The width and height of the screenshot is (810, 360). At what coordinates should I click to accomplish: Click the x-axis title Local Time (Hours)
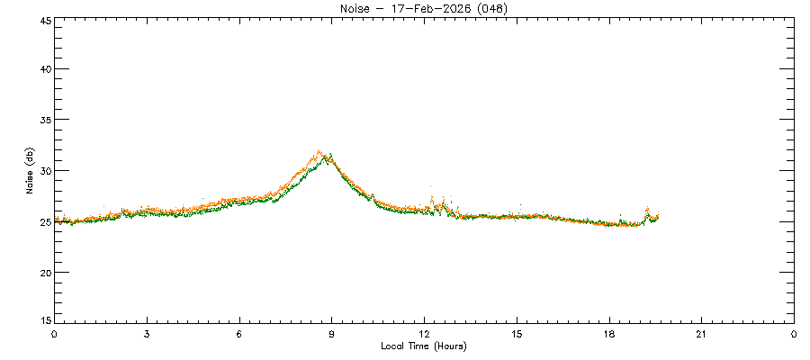pos(423,346)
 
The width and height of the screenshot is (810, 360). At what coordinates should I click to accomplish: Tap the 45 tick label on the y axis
pos(43,19)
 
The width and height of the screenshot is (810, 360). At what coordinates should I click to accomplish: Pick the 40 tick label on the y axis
pos(43,69)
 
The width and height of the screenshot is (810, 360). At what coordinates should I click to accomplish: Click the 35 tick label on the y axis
pos(43,120)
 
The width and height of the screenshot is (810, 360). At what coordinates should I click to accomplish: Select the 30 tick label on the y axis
pos(43,171)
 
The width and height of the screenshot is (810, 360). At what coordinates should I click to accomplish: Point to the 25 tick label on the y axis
pos(43,221)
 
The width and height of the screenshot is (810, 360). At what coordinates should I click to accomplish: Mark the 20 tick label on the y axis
pos(43,273)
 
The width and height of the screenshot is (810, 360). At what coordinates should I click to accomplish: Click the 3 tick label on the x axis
pos(147,334)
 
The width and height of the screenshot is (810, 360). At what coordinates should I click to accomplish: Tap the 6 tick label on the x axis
pos(239,334)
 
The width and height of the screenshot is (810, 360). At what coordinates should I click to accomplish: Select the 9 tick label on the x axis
pos(332,334)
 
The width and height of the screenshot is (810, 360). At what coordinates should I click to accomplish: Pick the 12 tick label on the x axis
pos(424,334)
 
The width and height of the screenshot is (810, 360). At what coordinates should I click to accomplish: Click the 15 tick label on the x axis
pos(517,334)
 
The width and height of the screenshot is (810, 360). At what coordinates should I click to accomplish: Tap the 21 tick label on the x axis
pos(701,334)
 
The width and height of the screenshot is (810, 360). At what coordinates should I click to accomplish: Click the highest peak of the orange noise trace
pos(319,152)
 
